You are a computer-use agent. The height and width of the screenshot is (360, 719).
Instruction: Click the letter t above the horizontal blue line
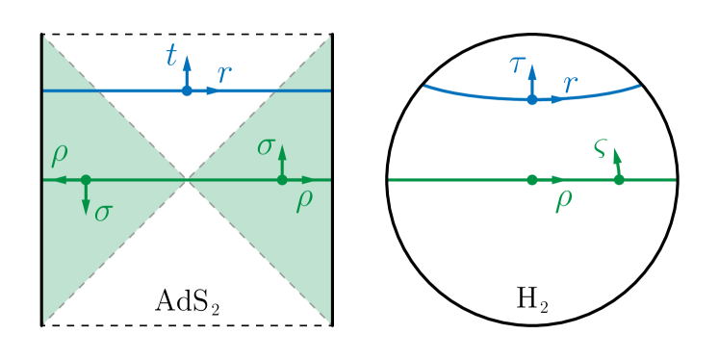[x=171, y=58]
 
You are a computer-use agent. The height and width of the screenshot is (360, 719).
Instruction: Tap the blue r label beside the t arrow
[x=224, y=75]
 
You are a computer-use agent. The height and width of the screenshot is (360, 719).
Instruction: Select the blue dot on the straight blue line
[x=187, y=90]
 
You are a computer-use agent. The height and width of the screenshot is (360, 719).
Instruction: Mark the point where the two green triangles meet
[x=187, y=180]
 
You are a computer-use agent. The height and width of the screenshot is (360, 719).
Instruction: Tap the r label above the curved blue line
[x=571, y=85]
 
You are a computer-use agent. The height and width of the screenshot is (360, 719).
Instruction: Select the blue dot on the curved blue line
[x=531, y=99]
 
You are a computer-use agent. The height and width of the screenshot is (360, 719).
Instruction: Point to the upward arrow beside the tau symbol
[x=531, y=71]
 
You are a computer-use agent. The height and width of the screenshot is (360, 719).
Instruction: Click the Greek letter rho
[x=563, y=201]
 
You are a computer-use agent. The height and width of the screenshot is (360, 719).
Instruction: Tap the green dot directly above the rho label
[x=531, y=180]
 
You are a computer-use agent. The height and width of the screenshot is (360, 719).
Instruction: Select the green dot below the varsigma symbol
[x=619, y=180]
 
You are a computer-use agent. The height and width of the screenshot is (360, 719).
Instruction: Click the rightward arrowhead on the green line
[x=559, y=180]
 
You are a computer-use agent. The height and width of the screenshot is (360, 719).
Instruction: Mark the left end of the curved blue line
[x=424, y=86]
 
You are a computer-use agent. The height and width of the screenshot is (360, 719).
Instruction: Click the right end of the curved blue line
[x=640, y=86]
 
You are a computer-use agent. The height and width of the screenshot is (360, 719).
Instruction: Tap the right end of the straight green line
[x=675, y=180]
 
